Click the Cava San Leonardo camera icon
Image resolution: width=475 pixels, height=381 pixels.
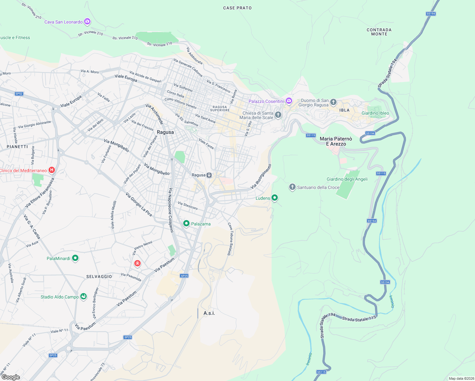[x=87, y=22]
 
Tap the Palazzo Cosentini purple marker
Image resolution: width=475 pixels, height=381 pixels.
[x=289, y=101]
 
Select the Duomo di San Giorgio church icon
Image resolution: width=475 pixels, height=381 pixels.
[x=333, y=102]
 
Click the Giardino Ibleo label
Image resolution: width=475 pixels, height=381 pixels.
[x=375, y=113]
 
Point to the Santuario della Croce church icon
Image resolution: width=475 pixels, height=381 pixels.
[x=292, y=187]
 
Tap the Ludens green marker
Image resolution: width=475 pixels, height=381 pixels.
[x=275, y=198]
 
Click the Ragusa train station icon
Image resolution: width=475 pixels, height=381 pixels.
[x=209, y=175]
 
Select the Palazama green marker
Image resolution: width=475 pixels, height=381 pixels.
[x=186, y=224]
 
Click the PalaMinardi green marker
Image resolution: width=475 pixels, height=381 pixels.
[x=75, y=258]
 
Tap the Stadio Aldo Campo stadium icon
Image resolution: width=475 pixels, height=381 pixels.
[x=84, y=297]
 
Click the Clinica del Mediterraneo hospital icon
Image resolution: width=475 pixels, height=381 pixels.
[x=52, y=170]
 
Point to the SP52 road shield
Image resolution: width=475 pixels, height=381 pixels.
[x=19, y=94]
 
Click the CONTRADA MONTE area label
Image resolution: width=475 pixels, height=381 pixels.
[x=379, y=32]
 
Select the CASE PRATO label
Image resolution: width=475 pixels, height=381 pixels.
[x=237, y=8]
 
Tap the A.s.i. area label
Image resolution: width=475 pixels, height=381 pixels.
[x=209, y=313]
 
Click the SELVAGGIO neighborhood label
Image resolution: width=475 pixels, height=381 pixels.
[x=99, y=277]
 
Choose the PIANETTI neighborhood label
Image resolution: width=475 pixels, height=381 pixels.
[x=17, y=147]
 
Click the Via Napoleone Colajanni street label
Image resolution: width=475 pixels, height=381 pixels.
[x=171, y=210]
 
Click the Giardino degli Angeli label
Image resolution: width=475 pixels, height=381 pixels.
[x=347, y=179]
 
